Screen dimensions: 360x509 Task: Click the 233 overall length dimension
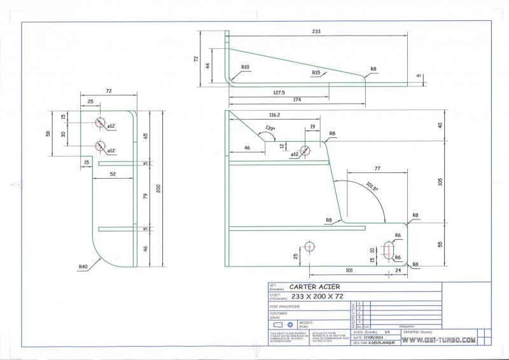click(316, 30)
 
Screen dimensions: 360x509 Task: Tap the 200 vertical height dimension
click(158, 187)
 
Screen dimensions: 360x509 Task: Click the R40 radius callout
click(83, 267)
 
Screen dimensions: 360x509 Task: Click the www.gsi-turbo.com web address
click(438, 340)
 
